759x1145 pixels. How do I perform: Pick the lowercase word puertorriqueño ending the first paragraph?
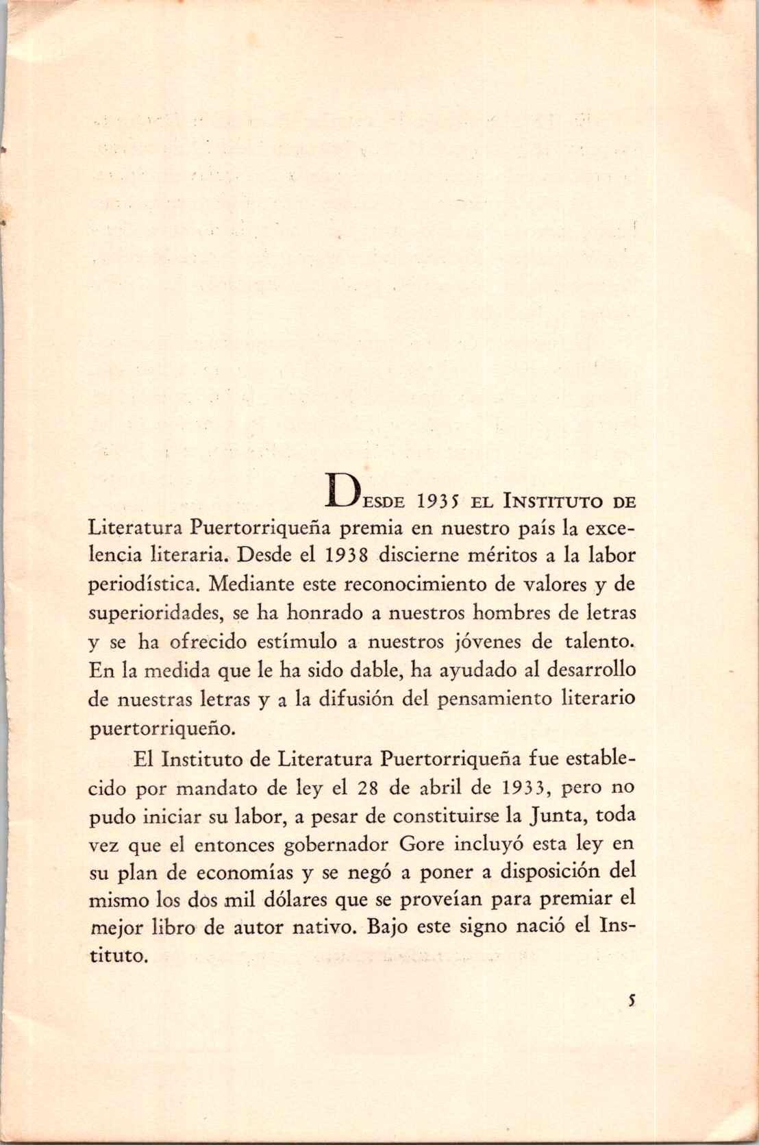tap(163, 728)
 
